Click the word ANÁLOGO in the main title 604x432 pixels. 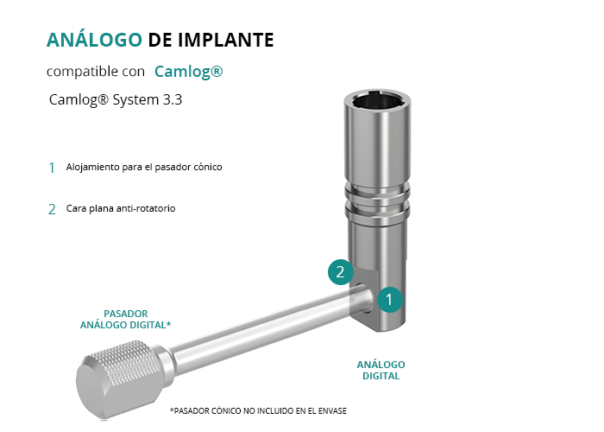pos(94,40)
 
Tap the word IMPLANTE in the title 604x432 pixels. pos(226,40)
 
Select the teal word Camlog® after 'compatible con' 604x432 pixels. pos(189,72)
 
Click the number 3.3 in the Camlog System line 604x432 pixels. pos(173,99)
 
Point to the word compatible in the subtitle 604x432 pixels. pos(82,72)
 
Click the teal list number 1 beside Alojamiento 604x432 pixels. pos(52,168)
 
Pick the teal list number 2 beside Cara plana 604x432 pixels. pos(52,209)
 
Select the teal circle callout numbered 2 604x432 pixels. pos(341,272)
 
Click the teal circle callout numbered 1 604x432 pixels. pos(389,299)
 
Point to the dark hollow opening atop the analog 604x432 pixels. pos(378,101)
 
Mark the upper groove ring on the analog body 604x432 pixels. pos(377,191)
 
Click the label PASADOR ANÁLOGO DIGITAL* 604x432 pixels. pos(126,320)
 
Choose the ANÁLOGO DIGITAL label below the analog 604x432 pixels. pos(381,371)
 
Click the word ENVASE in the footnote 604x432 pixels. pos(332,411)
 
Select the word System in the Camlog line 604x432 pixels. pos(135,100)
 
